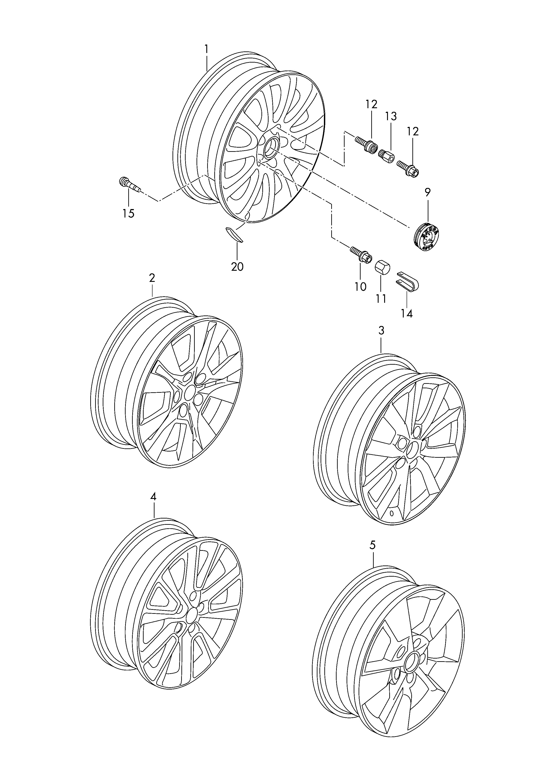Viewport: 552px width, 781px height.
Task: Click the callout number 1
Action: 206,49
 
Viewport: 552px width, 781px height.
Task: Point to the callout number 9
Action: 427,192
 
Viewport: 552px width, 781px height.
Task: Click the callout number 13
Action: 391,116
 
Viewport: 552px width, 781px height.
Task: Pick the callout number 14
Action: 407,313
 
